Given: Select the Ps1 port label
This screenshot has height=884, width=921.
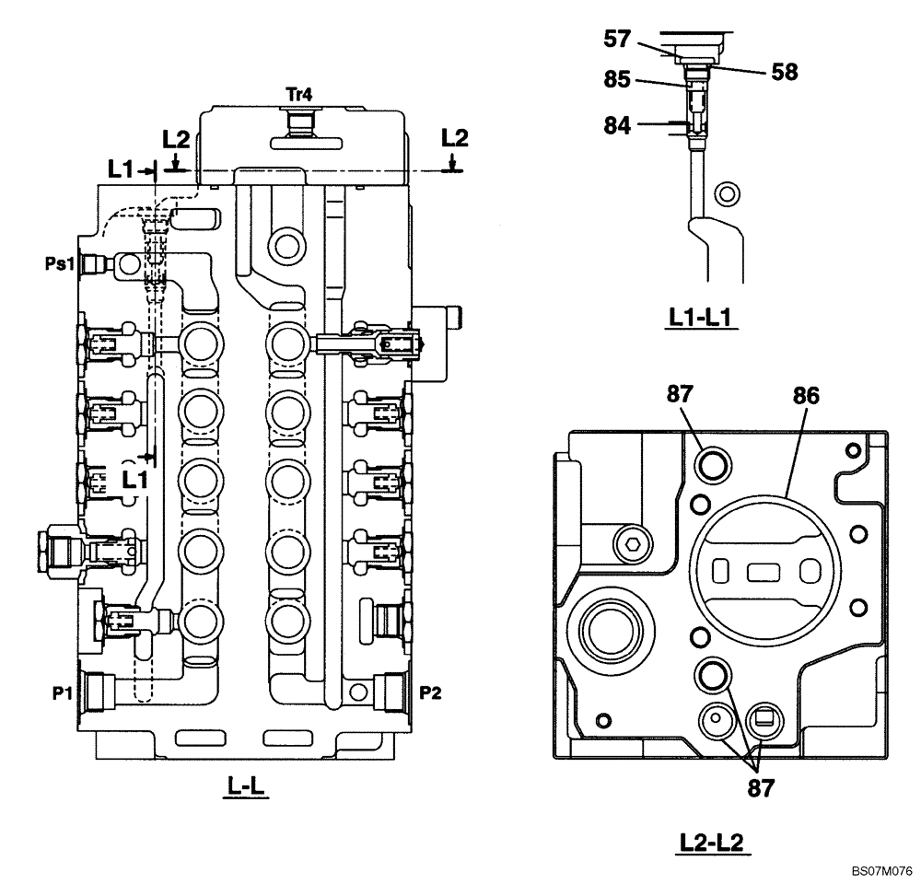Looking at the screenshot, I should [61, 264].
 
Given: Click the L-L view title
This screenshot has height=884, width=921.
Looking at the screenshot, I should [246, 787].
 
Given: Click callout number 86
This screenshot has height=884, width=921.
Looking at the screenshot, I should [806, 395].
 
